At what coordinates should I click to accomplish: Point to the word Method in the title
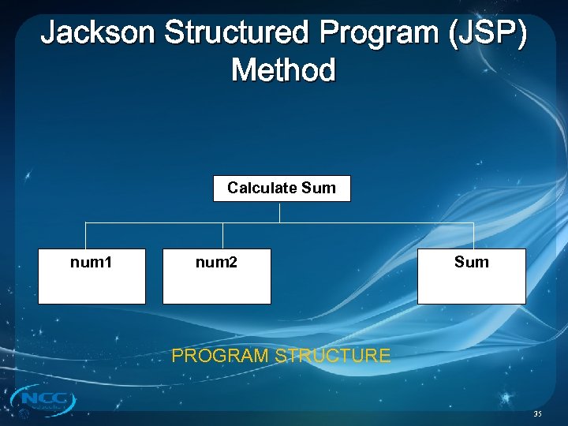point(283,70)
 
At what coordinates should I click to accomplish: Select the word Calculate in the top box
point(263,188)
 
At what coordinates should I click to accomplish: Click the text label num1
point(92,262)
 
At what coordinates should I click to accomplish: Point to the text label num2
point(216,262)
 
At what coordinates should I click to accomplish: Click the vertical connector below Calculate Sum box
point(280,212)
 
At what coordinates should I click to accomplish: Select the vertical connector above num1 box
point(86,236)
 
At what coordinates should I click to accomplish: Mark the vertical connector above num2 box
point(223,236)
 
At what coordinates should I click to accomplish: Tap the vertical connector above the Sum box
point(473,236)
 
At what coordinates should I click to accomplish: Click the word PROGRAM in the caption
point(220,356)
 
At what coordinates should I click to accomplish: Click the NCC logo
point(44,401)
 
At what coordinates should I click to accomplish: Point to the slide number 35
point(537,413)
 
